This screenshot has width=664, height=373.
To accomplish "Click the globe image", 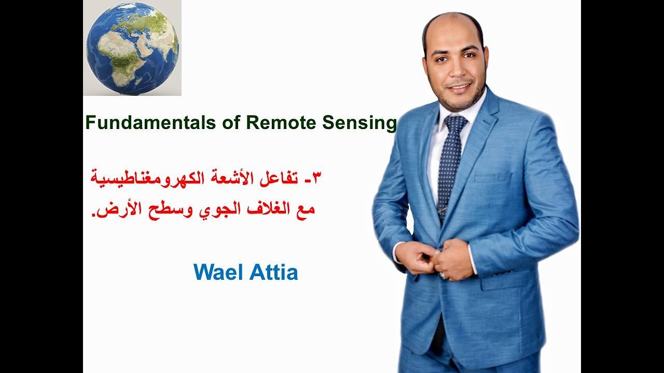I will (132, 48).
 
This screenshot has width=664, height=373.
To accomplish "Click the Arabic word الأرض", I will (116, 210).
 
